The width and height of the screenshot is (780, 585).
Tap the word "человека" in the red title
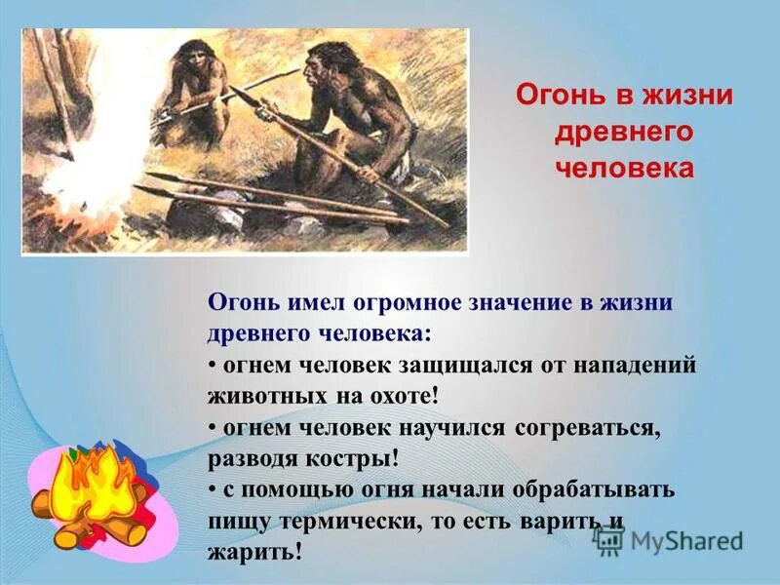[624, 168]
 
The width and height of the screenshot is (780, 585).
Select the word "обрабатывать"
[598, 489]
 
